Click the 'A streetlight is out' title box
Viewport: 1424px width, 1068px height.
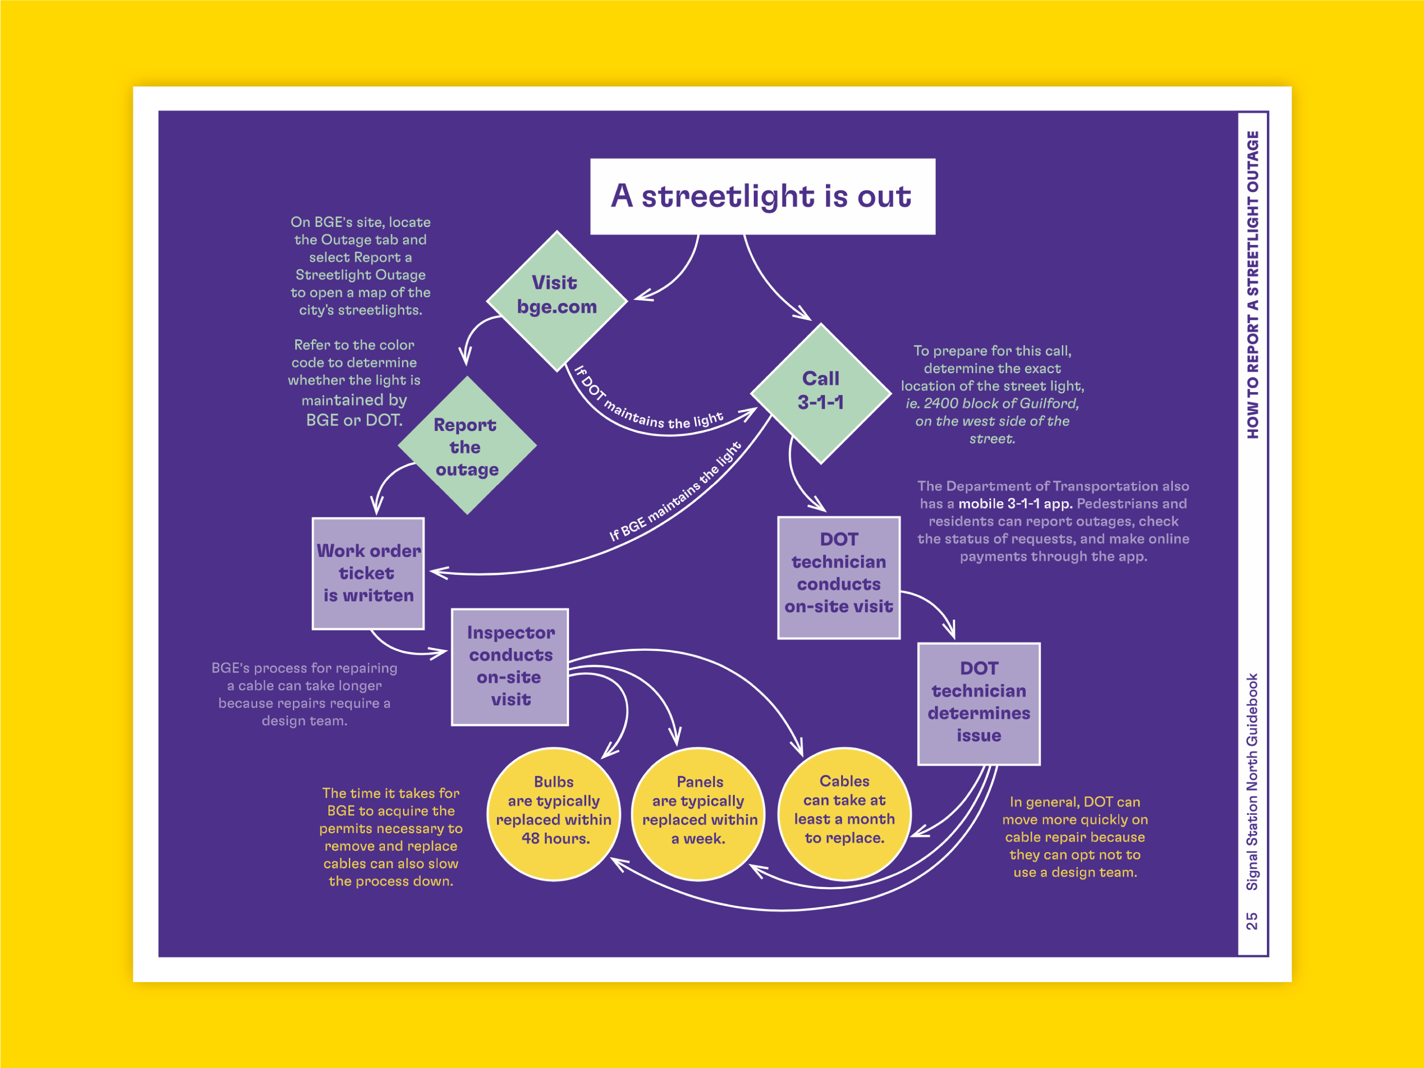(x=762, y=197)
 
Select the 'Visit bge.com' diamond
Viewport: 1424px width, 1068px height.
(x=557, y=300)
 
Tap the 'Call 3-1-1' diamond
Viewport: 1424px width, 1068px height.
(x=821, y=392)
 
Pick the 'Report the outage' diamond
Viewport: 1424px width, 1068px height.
(x=467, y=446)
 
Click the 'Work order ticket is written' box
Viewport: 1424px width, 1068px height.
(x=368, y=573)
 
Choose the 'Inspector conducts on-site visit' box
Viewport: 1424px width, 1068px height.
(x=510, y=667)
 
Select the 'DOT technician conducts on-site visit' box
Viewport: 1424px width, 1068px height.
(x=839, y=578)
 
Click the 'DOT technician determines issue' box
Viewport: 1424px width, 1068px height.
(x=978, y=703)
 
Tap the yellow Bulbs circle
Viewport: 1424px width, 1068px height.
(x=553, y=813)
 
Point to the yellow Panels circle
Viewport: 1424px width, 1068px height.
(x=699, y=813)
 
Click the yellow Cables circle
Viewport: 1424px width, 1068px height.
(x=844, y=813)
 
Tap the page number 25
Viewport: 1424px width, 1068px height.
(x=1252, y=920)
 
